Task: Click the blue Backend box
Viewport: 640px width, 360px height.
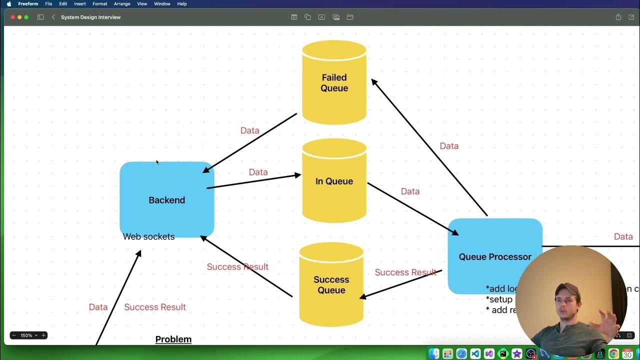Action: pos(166,200)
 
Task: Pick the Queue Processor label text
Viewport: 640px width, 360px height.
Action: pos(495,257)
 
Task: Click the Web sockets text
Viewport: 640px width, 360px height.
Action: pos(148,237)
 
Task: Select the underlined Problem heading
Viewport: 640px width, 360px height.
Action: pos(173,339)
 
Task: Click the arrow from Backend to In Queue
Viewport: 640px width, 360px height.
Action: pos(253,181)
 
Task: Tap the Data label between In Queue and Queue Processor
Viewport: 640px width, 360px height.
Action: pos(410,191)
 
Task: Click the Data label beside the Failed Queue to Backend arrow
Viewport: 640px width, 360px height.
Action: pos(249,130)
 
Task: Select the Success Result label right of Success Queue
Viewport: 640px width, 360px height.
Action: pos(405,272)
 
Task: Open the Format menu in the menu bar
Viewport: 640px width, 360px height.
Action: pos(99,4)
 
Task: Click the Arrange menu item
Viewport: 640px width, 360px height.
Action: pos(121,4)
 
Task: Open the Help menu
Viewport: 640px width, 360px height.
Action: pos(182,4)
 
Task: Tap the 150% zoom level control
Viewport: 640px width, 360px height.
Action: pos(28,335)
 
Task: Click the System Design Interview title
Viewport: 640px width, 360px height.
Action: pos(90,17)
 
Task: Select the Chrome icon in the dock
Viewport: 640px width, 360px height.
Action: pos(613,354)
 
